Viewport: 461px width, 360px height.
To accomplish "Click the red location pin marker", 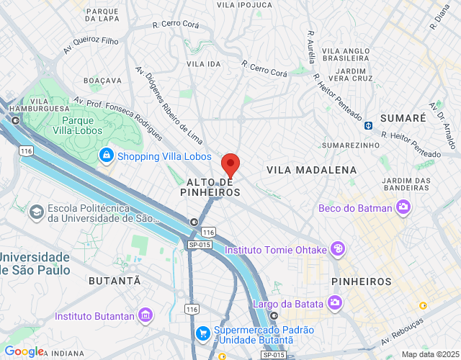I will tap(230, 165).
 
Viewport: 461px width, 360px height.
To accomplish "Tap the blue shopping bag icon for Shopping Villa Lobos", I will tap(106, 156).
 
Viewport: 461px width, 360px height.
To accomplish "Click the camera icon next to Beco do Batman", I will tap(403, 209).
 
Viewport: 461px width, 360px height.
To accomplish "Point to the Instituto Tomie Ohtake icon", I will tap(337, 250).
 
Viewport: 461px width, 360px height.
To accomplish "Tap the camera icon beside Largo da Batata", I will tap(334, 303).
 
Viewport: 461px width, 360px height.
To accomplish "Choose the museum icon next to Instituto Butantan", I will tap(146, 315).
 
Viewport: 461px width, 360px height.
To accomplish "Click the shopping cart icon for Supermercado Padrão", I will tap(203, 333).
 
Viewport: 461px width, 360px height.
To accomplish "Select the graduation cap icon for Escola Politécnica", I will tap(35, 212).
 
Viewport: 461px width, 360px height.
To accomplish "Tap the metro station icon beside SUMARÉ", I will tap(368, 125).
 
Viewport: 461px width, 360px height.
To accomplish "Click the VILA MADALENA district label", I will tap(311, 170).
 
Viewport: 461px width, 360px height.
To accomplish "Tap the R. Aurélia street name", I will tap(311, 47).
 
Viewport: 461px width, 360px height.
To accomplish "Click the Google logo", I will tap(24, 351).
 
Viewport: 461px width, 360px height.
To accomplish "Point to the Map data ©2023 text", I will tap(429, 354).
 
